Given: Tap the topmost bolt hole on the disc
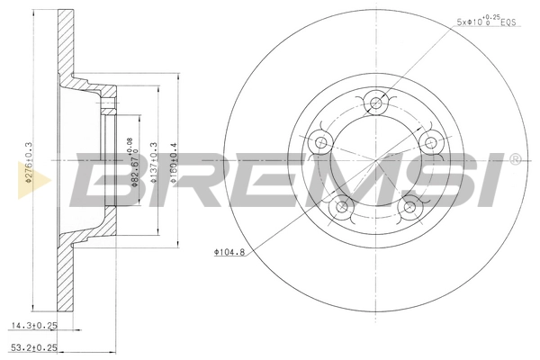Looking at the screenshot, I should point(375,101).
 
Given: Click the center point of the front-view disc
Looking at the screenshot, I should point(375,161).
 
